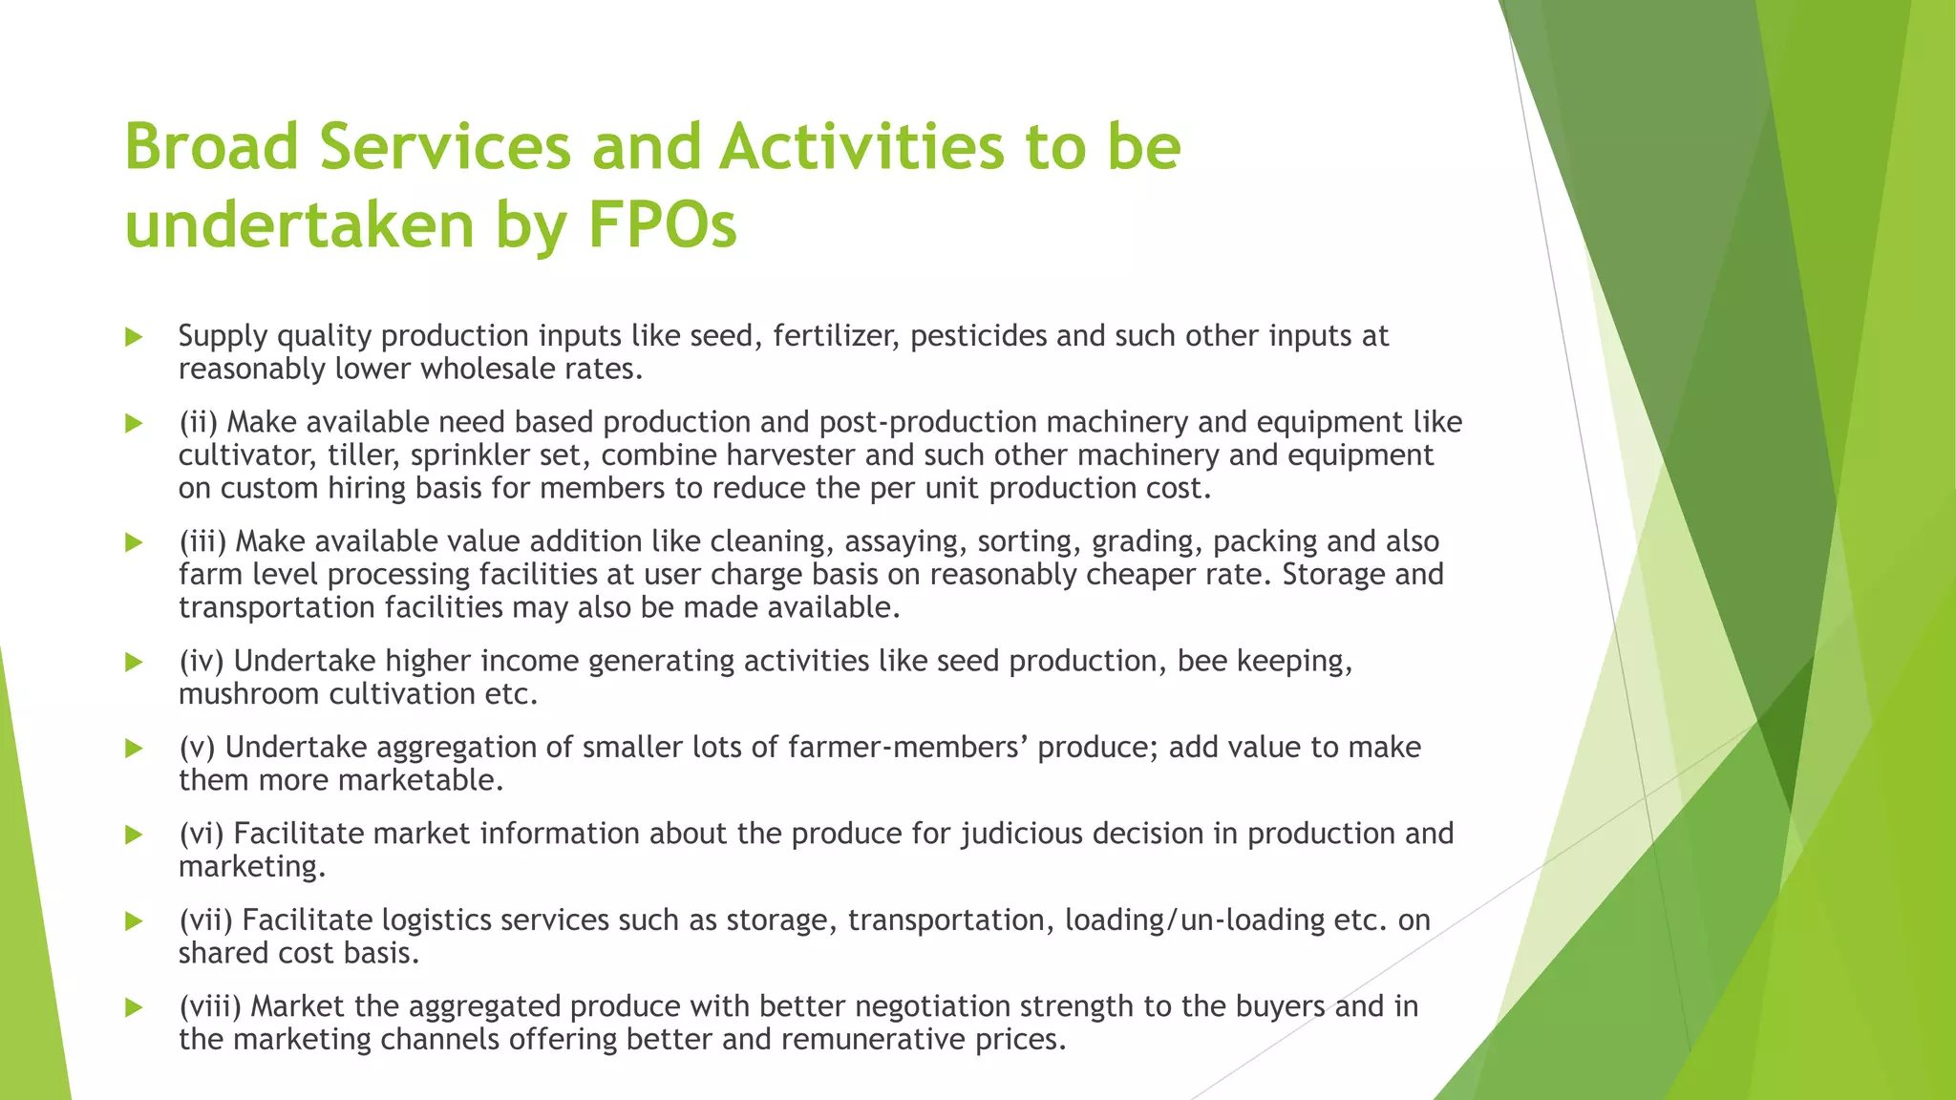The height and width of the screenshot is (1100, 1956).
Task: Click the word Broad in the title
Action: [x=212, y=147]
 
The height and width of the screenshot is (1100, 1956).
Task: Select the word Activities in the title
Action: [x=861, y=147]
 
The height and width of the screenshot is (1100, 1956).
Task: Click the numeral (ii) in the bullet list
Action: [x=199, y=422]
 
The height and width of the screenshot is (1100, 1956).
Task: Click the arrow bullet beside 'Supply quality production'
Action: [x=134, y=336]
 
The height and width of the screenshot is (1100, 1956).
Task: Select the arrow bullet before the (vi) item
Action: [x=134, y=835]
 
